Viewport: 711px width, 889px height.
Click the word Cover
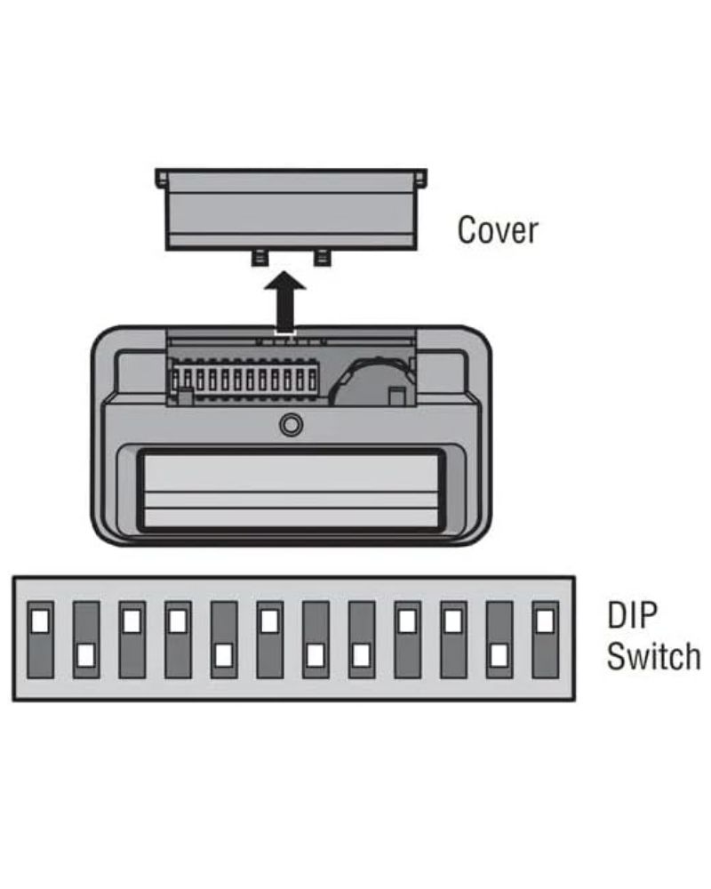click(497, 229)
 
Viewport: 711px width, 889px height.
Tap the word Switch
click(652, 657)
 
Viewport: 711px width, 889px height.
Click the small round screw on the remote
click(291, 425)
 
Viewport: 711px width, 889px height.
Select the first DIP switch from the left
click(40, 638)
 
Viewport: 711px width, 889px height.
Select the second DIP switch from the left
click(86, 638)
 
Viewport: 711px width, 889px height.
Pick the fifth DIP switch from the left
click(224, 638)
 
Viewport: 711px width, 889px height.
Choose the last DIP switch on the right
click(545, 638)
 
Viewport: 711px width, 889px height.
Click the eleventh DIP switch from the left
click(499, 638)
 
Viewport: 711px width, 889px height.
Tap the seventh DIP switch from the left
click(316, 638)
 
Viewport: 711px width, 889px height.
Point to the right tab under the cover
click(322, 257)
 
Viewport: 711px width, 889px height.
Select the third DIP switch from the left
click(132, 638)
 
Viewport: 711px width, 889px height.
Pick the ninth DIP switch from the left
click(408, 638)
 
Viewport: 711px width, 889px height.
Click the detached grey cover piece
click(291, 212)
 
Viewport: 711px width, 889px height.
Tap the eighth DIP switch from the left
click(362, 638)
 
